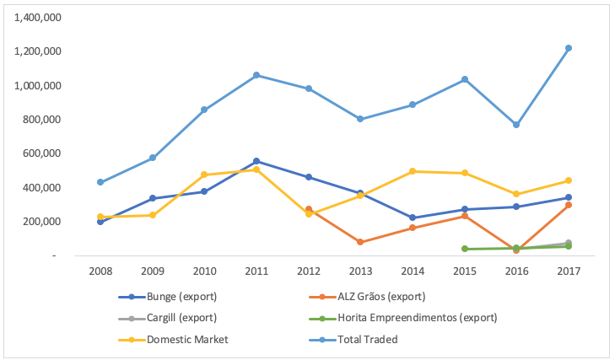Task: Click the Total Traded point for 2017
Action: pos(569,48)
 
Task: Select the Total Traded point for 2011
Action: pos(256,75)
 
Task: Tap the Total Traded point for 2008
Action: pos(100,182)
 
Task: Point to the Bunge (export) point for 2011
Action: pos(256,161)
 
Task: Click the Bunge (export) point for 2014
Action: pos(413,218)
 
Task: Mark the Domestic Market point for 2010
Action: pos(204,175)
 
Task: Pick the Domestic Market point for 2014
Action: pos(413,171)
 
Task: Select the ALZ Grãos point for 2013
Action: pos(360,242)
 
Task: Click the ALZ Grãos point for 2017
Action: pos(569,205)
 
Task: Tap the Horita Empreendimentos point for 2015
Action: pos(465,249)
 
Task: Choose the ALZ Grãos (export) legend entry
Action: pos(370,297)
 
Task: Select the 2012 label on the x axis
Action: pos(308,271)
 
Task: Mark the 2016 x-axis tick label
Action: pos(516,271)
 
